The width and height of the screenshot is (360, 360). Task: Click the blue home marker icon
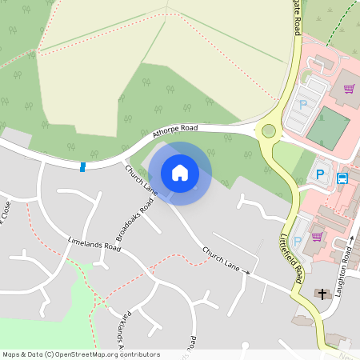pos(180,172)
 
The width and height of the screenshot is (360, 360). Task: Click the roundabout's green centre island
pos(269,130)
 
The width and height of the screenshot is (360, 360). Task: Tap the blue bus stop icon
pos(342,178)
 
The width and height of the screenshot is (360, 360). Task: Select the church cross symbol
pos(323,294)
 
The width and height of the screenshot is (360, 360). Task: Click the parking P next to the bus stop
pos(321,174)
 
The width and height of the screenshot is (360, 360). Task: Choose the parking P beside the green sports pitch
pos(303,104)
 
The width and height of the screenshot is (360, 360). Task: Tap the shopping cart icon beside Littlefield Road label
pos(318,237)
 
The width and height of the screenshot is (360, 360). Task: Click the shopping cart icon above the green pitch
pos(349,89)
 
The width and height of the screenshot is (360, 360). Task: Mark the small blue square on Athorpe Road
pos(83,166)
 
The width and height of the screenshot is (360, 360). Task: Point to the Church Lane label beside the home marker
pos(141,180)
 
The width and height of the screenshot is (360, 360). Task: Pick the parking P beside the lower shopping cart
pos(298,241)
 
